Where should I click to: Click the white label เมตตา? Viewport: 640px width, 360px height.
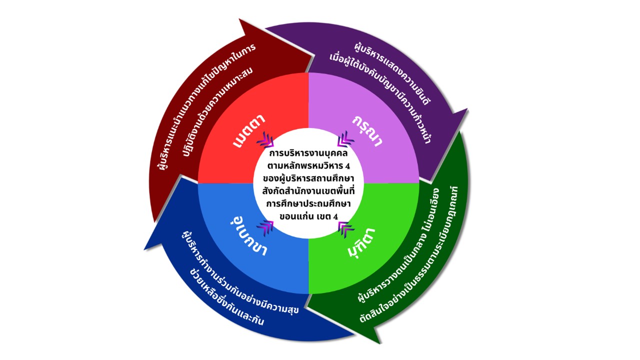(248, 131)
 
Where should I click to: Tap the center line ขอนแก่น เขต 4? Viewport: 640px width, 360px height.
(306, 216)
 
